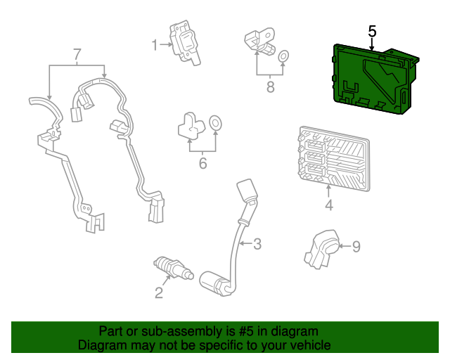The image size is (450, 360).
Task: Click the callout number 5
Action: pos(372,32)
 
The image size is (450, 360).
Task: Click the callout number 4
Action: pos(328,205)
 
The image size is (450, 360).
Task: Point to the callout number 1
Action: pos(154,46)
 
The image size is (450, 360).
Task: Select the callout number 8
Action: pos(269,88)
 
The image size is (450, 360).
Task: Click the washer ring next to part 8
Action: pos(283,56)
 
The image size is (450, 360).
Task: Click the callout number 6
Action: pos(202,164)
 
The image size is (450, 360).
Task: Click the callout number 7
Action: pos(77,53)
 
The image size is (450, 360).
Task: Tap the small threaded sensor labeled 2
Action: pos(172,269)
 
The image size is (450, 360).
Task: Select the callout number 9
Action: pos(356,246)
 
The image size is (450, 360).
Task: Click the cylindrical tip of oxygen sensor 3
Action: pos(214,281)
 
